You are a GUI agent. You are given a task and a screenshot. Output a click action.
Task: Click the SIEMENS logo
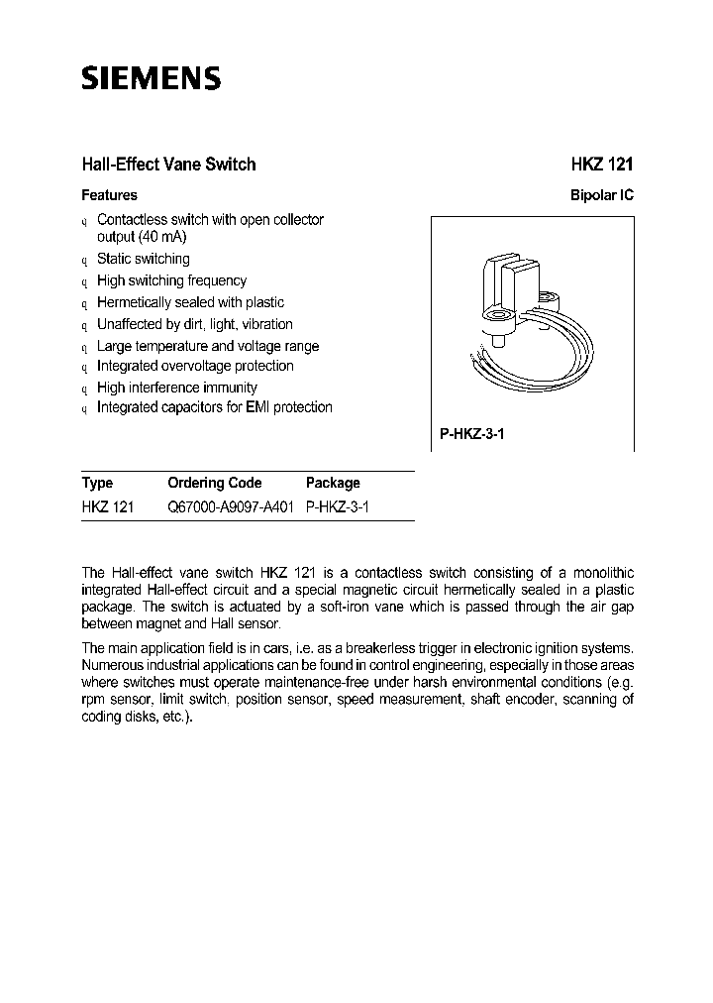(x=151, y=79)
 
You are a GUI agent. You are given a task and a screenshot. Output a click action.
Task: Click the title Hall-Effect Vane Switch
(x=168, y=165)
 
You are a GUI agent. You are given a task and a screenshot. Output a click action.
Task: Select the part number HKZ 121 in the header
(x=601, y=165)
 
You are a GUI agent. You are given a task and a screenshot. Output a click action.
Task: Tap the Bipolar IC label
(x=601, y=195)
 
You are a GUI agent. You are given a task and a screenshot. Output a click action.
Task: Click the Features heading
(x=109, y=195)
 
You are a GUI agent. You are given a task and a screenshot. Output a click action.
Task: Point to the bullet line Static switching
(x=143, y=259)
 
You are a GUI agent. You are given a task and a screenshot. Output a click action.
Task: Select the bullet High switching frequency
(x=171, y=280)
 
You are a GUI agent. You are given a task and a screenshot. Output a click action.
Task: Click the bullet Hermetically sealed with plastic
(x=190, y=302)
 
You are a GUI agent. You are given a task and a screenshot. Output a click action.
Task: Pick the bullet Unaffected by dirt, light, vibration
(x=194, y=324)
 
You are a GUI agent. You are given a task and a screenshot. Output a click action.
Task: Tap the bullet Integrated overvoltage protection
(x=195, y=366)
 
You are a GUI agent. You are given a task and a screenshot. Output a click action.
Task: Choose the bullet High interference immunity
(x=177, y=388)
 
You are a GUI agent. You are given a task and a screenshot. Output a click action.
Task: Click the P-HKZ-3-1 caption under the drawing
(x=472, y=434)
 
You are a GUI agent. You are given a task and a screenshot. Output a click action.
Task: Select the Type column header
(x=97, y=483)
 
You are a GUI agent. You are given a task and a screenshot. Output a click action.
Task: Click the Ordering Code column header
(x=215, y=483)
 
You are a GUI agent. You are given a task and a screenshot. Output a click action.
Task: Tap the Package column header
(x=333, y=483)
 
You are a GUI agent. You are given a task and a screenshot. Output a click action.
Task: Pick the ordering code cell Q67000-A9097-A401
(x=234, y=506)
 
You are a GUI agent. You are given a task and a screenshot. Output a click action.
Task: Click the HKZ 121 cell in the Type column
(x=107, y=506)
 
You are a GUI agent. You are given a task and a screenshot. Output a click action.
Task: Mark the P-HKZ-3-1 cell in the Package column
(x=342, y=506)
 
